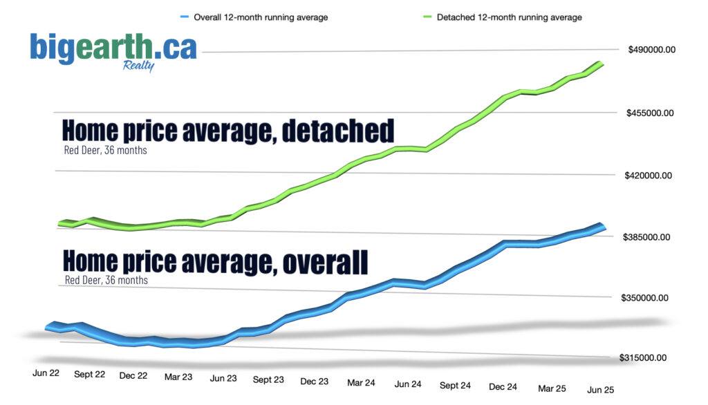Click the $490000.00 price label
pyautogui.click(x=651, y=50)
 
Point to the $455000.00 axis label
pyautogui.click(x=651, y=113)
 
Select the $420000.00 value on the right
pyautogui.click(x=650, y=176)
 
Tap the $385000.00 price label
pyautogui.click(x=649, y=237)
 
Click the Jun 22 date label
pyautogui.click(x=46, y=373)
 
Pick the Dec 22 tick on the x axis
pyautogui.click(x=133, y=375)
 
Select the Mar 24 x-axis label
pyautogui.click(x=361, y=382)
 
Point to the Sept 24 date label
pyautogui.click(x=455, y=385)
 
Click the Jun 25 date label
pyautogui.click(x=601, y=390)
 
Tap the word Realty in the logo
pyautogui.click(x=138, y=66)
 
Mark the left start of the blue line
pyautogui.click(x=47, y=327)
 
